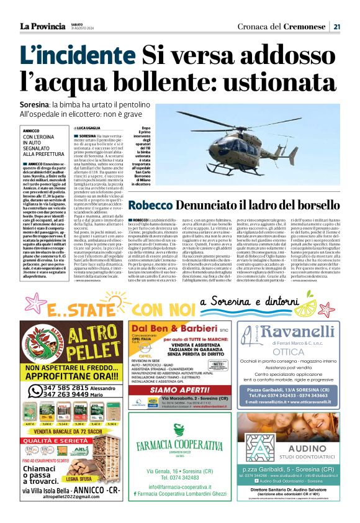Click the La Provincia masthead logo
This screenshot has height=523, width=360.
pyautogui.click(x=42, y=25)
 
